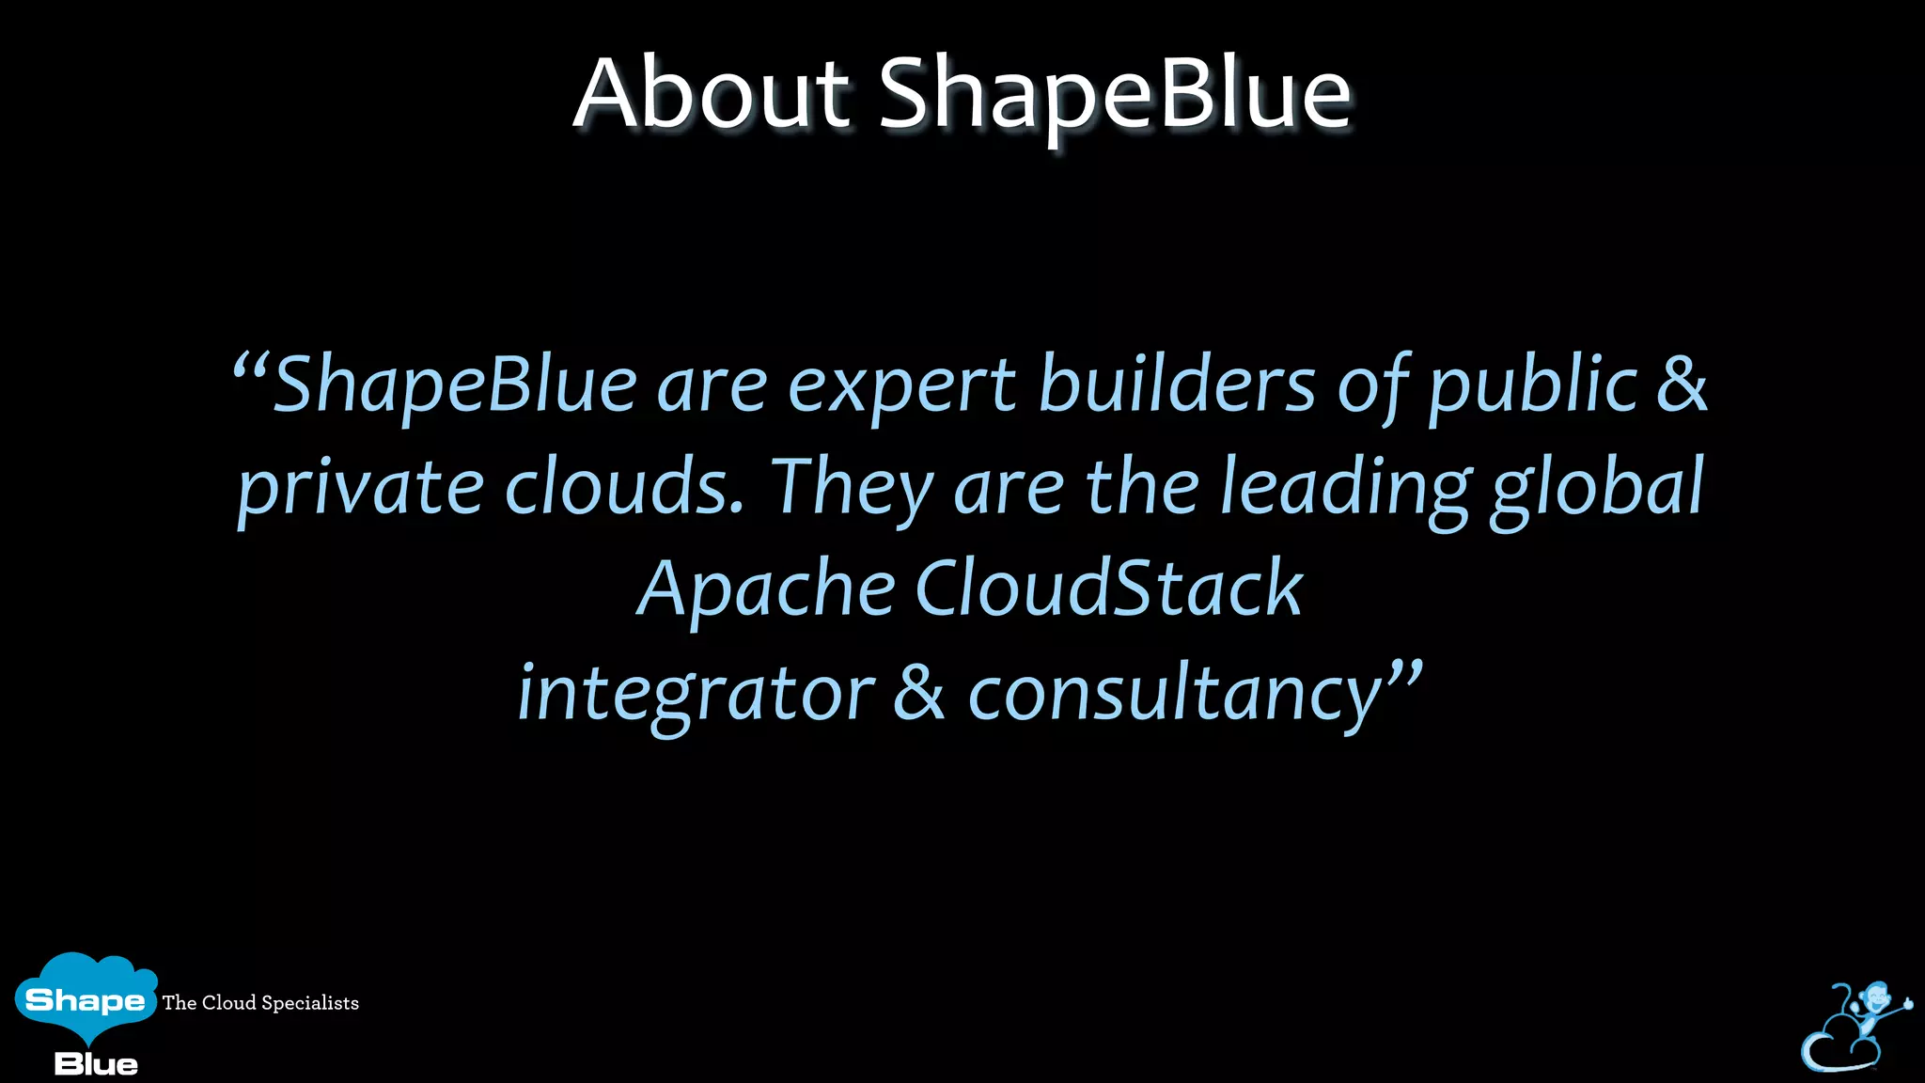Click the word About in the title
pyautogui.click(x=712, y=94)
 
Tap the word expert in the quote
pyautogui.click(x=901, y=385)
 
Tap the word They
pyautogui.click(x=852, y=489)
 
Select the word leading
pyautogui.click(x=1345, y=489)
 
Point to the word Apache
pyautogui.click(x=766, y=589)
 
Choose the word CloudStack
pyautogui.click(x=1109, y=589)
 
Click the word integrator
pyautogui.click(x=696, y=694)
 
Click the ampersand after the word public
pyautogui.click(x=1682, y=385)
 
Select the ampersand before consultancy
pyautogui.click(x=918, y=693)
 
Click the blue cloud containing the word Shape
pyautogui.click(x=86, y=997)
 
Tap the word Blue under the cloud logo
pyautogui.click(x=96, y=1064)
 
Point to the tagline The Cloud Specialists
pyautogui.click(x=260, y=1003)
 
